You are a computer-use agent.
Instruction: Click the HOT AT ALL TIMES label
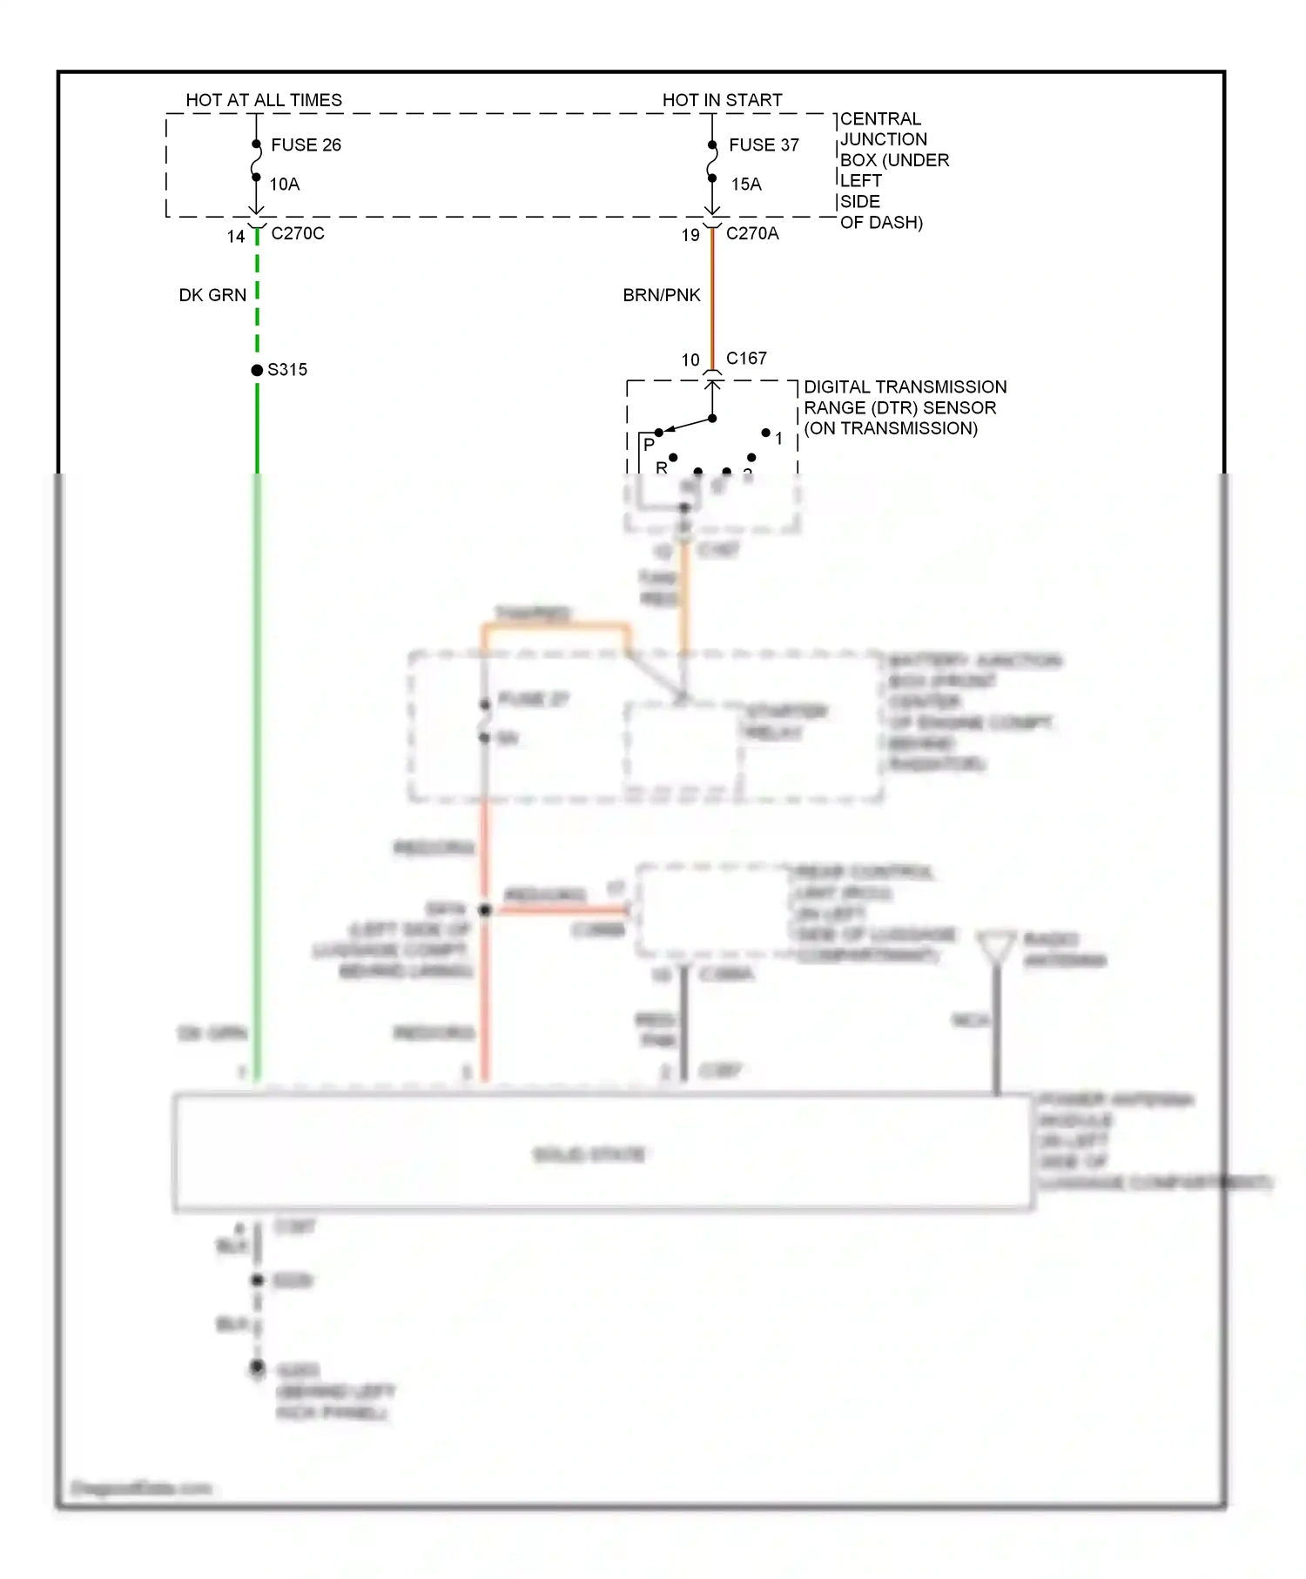pos(264,100)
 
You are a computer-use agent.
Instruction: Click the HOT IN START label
pos(722,100)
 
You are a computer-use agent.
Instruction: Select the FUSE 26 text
pos(306,144)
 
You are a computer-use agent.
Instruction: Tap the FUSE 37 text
pos(764,144)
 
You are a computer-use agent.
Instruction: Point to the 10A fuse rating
pos(285,184)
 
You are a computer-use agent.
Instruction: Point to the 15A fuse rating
pos(746,184)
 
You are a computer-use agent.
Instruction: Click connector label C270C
pos(298,233)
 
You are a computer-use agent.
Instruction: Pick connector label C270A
pos(752,233)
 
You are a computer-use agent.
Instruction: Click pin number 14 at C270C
pos(236,236)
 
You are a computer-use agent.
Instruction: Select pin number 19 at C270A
pos(690,235)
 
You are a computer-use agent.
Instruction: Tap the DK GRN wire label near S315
pos(212,295)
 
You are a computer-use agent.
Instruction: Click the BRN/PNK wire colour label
pos(662,295)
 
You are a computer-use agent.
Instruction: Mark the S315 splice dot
pos(257,370)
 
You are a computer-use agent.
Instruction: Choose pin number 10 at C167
pos(690,359)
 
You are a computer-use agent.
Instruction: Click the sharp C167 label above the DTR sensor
pos(746,358)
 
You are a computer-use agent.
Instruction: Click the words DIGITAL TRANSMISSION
pos(905,386)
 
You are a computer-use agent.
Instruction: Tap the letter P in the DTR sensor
pos(649,444)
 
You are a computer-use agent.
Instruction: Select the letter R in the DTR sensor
pos(661,467)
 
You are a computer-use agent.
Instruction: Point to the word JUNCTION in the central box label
pos(884,139)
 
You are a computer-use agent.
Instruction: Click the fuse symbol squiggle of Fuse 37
pos(712,162)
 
